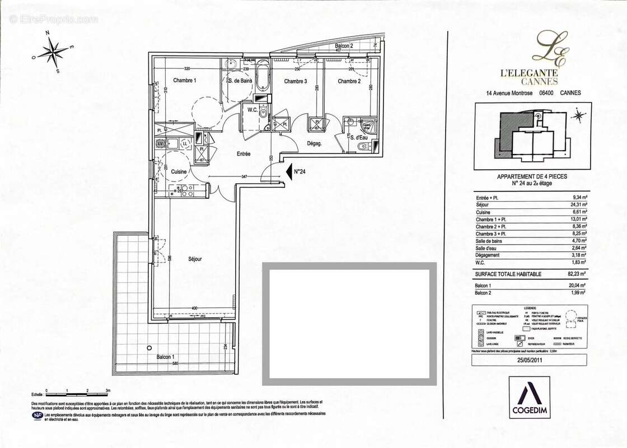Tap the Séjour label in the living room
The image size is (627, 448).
pos(195,259)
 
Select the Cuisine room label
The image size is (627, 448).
pos(179,171)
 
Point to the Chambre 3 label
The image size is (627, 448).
pos(295,82)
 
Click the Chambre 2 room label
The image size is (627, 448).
pos(349,82)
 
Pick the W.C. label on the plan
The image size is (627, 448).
pos(252,110)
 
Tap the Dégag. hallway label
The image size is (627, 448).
pos(316,143)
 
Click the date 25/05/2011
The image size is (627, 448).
pos(530,361)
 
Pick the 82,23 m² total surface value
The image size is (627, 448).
pos(574,273)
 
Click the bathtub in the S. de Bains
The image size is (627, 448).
pos(262,78)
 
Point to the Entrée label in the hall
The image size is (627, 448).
pos(243,153)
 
